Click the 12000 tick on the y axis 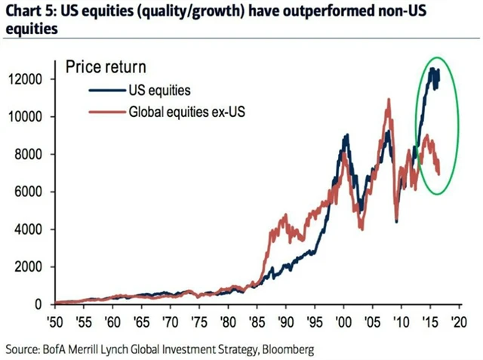(x=35, y=79)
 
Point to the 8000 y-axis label (x=35, y=154)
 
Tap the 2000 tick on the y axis (x=35, y=266)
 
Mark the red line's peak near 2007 (x=388, y=100)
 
